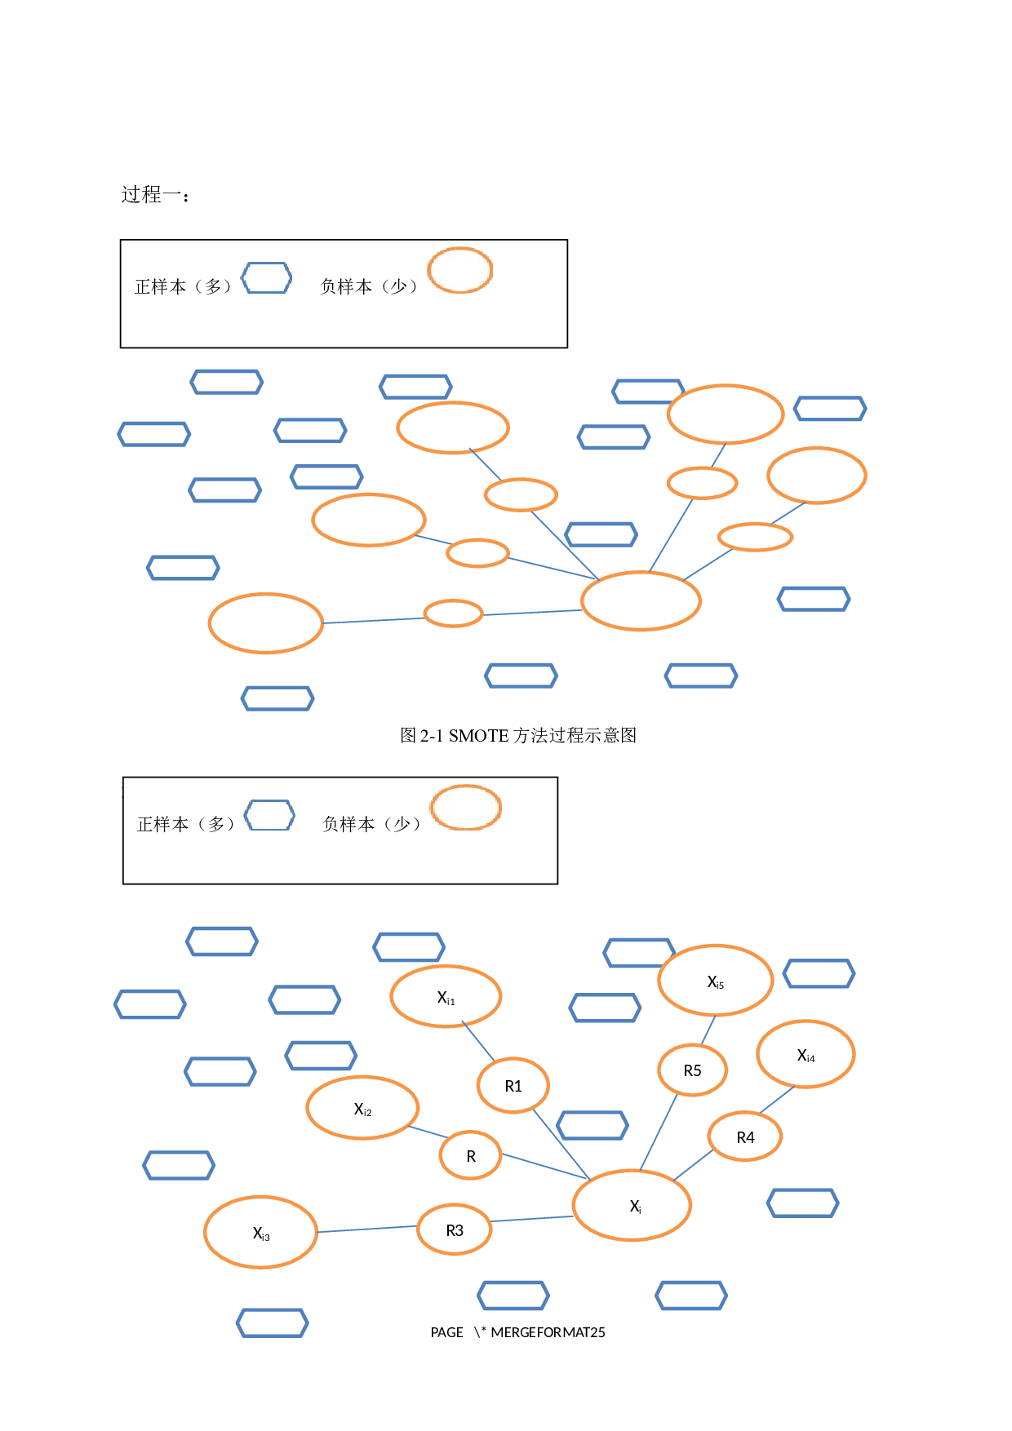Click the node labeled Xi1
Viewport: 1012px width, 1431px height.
446,996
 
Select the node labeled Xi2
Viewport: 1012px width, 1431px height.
362,1108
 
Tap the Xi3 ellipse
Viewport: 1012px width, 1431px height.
260,1232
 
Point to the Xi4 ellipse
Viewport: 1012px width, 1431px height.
806,1054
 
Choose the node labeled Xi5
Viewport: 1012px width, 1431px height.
715,981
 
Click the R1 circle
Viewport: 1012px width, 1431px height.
513,1085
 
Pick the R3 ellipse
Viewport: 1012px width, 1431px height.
455,1229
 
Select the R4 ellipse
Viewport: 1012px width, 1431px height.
745,1136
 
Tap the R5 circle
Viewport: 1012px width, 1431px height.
692,1070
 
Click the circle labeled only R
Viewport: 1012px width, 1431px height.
470,1155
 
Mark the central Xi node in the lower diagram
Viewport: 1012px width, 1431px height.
632,1205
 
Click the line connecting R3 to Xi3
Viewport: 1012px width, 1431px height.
367,1228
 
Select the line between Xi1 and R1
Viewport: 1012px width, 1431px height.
479,1041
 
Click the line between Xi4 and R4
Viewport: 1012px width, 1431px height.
777,1099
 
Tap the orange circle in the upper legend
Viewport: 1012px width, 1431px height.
460,270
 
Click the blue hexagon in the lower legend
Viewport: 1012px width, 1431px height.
269,815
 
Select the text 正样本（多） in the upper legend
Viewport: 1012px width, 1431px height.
184,286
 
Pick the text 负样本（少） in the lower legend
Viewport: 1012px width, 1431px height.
372,824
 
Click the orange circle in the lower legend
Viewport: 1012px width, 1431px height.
465,808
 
